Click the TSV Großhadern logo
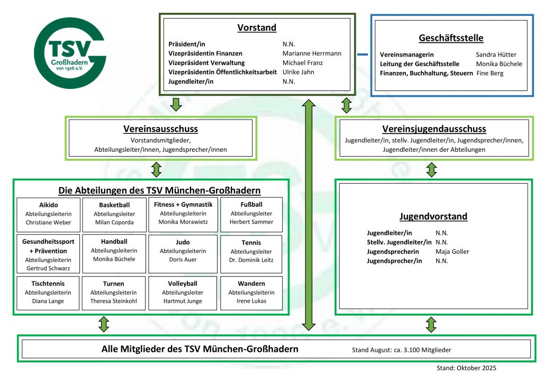70,53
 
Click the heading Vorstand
257,28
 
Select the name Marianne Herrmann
312,53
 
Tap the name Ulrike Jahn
299,72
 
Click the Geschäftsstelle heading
451,38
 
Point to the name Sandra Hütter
496,54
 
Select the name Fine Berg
490,73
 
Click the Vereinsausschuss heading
160,129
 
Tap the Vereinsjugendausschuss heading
434,129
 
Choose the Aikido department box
49,214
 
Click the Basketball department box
114,214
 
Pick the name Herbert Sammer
252,222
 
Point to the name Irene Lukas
251,301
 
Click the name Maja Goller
452,252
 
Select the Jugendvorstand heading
433,216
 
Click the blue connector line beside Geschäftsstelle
363,54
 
